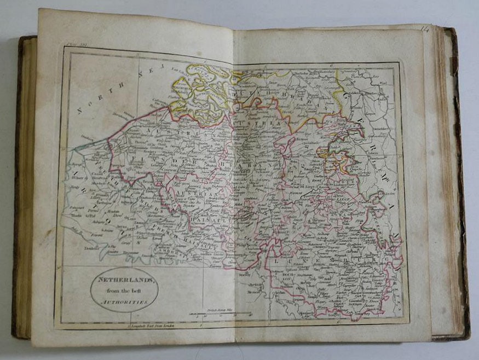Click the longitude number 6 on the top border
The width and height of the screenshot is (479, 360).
[x=331, y=65]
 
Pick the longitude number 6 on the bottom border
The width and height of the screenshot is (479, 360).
[x=338, y=322]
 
